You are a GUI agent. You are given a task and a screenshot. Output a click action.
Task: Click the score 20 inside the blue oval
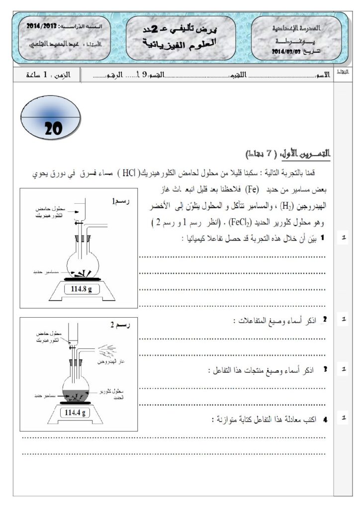click(x=53, y=129)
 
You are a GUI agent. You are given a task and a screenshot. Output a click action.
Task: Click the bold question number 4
click(x=326, y=420)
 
